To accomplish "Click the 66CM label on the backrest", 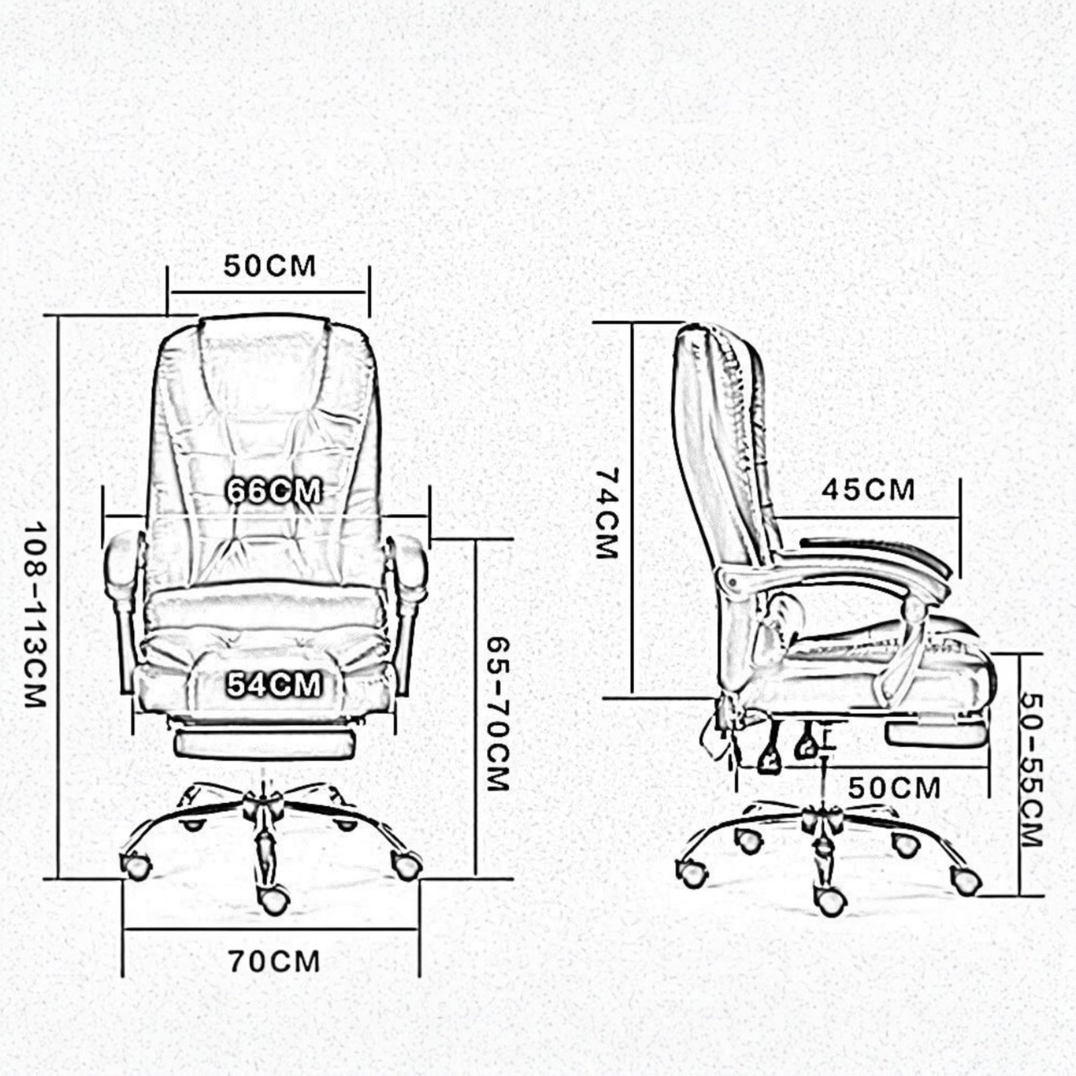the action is point(273,492).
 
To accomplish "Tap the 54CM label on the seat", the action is point(273,685).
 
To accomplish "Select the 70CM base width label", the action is point(273,962).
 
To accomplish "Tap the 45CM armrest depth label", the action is point(868,490).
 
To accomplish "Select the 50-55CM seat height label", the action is point(1031,770).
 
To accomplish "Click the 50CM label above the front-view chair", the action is point(270,266).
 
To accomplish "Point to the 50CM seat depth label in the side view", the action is point(894,788).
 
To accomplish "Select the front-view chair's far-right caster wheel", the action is point(406,865).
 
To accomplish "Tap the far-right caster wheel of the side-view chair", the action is point(966,880).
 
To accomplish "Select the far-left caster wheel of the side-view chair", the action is point(692,873).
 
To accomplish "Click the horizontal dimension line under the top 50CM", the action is point(268,293).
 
